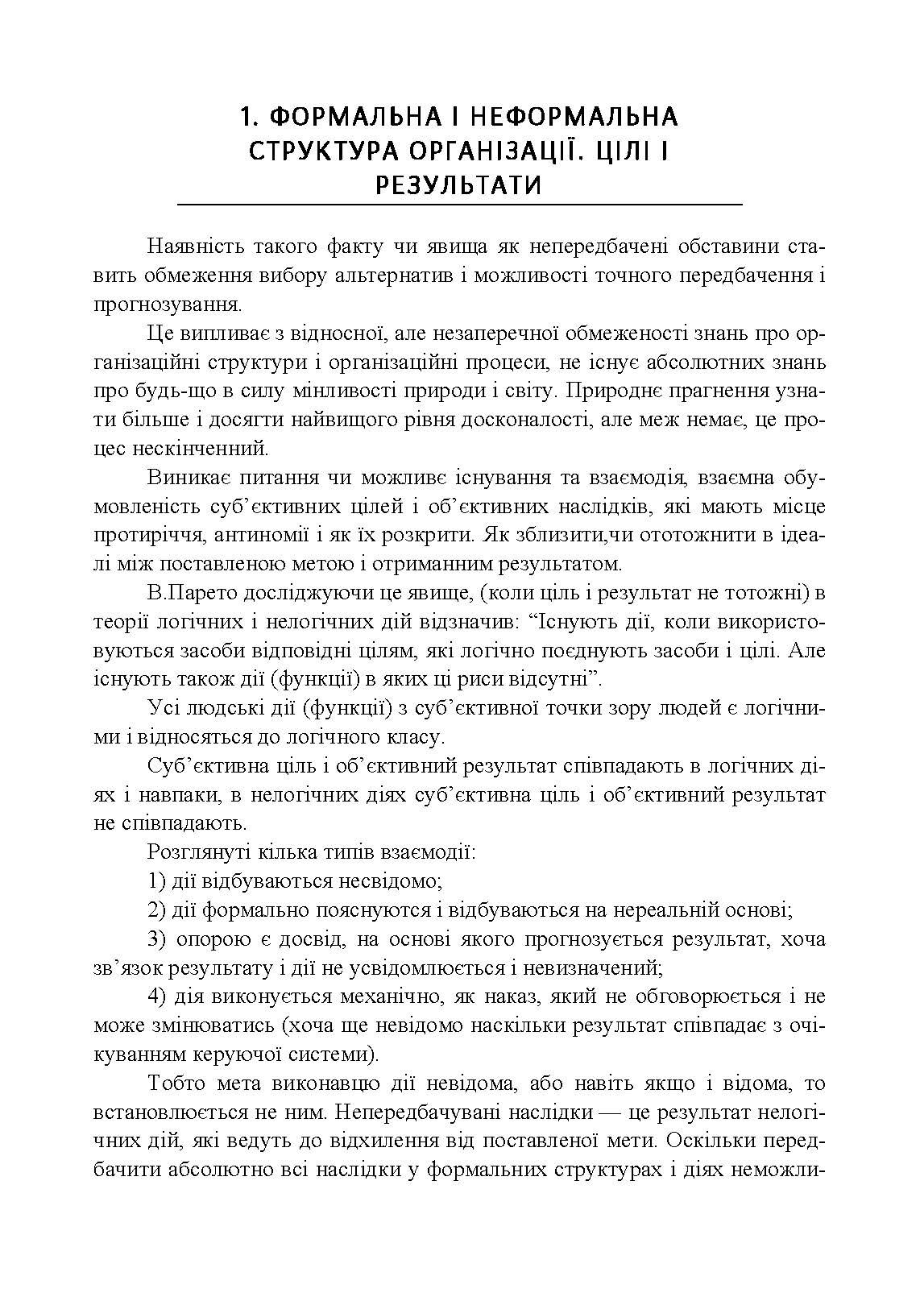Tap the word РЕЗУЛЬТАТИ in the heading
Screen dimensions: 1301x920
[458, 185]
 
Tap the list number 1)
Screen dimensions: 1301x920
[157, 880]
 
